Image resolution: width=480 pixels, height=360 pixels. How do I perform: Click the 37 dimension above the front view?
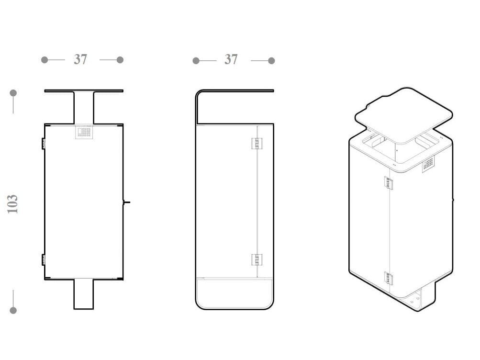click(80, 59)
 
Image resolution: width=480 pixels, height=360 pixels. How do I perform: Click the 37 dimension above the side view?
click(231, 59)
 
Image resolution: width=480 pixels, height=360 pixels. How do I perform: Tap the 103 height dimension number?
click(12, 204)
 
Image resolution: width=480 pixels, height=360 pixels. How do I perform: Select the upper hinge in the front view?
click(44, 144)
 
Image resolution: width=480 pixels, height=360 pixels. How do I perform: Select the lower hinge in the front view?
click(44, 260)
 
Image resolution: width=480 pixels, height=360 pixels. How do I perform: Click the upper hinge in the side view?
click(257, 144)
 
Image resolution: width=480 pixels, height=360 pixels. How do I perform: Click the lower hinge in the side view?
click(257, 260)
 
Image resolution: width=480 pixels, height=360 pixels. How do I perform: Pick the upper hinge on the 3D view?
click(389, 183)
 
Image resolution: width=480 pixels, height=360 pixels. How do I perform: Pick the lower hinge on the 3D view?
click(389, 278)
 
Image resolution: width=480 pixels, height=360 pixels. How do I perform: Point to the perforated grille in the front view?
click(84, 132)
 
